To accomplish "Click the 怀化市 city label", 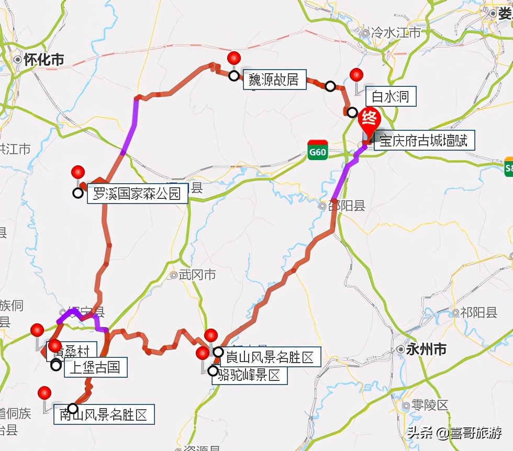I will coord(43,60).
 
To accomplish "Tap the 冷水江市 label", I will coord(395,32).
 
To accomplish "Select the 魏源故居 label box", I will coord(274,80).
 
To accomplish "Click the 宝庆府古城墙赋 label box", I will coord(423,141).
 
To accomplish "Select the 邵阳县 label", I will coord(346,206).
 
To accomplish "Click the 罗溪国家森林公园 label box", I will coord(137,194).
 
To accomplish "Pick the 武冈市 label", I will coord(196,275).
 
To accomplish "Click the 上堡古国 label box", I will coord(95,367).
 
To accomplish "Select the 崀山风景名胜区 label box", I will coord(270,357).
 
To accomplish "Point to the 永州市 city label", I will coord(426,349).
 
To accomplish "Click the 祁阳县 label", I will coord(478,313).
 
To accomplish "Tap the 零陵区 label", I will coord(429,405).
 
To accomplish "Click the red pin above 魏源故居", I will coord(234,58).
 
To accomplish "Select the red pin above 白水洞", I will coord(356,75).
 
